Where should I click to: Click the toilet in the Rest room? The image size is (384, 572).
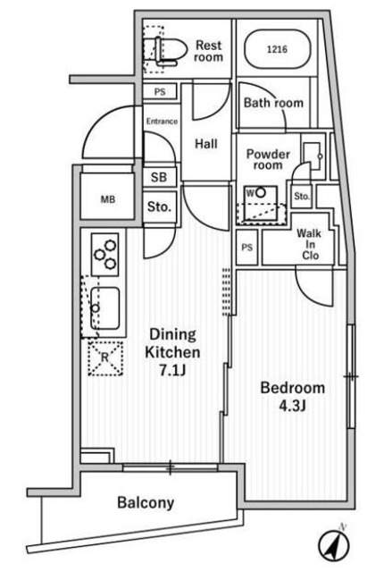point(167,51)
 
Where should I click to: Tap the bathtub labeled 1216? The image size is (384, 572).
point(277,49)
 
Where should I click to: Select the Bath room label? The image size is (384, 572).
point(273,103)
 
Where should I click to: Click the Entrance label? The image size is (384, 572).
point(162,122)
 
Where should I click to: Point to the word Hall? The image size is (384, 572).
point(206,144)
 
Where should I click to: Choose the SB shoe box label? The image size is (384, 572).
point(159,177)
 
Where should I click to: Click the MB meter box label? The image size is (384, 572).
point(108,199)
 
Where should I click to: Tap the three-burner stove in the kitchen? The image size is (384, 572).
point(104,254)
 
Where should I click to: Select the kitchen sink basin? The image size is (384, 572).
point(105,308)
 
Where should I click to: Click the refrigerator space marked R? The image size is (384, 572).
point(105,358)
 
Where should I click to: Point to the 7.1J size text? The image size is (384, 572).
point(172,371)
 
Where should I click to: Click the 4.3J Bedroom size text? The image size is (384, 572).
point(292,406)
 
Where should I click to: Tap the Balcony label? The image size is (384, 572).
point(146,502)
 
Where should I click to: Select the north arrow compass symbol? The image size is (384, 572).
point(334,544)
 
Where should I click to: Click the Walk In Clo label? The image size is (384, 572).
point(309,244)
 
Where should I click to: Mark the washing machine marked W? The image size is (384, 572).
point(260,204)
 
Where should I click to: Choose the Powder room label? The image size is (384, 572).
point(268,159)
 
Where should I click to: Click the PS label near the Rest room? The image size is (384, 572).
point(160,91)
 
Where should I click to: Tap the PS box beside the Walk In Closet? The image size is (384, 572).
point(247,248)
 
